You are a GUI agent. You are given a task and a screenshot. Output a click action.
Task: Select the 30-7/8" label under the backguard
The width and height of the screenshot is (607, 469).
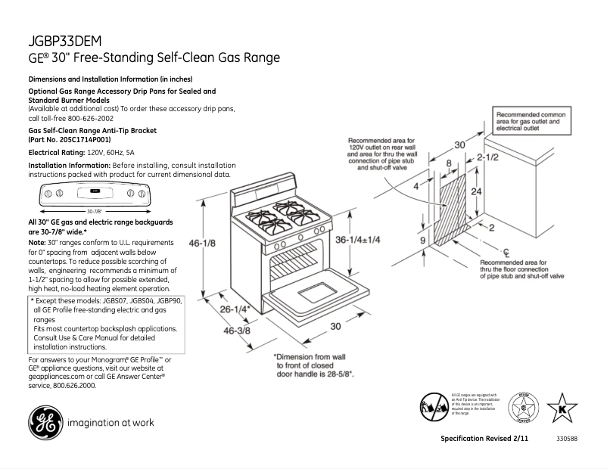point(94,212)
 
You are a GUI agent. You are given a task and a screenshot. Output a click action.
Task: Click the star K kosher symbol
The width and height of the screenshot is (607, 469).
point(561,407)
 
